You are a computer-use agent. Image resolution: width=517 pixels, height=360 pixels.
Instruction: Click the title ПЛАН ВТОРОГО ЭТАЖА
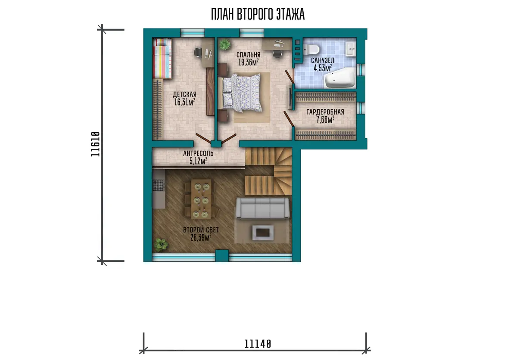pos(258,14)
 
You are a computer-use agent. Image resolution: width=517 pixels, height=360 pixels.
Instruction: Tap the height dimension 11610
pos(95,144)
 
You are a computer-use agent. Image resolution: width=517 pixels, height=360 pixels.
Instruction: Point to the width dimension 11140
pos(258,344)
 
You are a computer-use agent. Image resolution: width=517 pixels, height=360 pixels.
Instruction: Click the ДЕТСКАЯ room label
pos(184,94)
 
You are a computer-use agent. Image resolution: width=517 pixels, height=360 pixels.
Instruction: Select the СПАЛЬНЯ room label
pos(248,55)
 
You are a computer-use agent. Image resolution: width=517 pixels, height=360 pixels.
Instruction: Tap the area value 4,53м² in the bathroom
pos(323,68)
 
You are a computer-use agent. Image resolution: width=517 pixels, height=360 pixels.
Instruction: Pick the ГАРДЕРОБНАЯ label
pos(325,112)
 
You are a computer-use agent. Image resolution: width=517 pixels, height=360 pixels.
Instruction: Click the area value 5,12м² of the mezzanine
pos(198,161)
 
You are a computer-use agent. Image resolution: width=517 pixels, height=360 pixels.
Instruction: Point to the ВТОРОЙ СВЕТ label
pos(201,230)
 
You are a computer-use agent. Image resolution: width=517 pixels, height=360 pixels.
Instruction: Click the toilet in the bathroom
pos(311,50)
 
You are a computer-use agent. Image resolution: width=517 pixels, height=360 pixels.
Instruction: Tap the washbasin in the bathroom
pos(350,49)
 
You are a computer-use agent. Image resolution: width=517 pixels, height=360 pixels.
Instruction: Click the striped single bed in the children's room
pos(162,59)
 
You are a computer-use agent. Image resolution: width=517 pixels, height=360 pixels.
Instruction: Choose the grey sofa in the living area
pos(262,208)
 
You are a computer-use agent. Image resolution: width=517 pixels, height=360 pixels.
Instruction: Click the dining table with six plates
pos(201,199)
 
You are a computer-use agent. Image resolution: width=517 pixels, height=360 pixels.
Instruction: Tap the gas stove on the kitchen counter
pos(159,185)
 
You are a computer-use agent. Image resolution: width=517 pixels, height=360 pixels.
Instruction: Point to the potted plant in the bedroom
pos(225,44)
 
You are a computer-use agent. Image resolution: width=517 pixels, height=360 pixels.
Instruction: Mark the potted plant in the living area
pos(161,245)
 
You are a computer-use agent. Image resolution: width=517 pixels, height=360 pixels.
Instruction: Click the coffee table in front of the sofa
pos(263,233)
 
